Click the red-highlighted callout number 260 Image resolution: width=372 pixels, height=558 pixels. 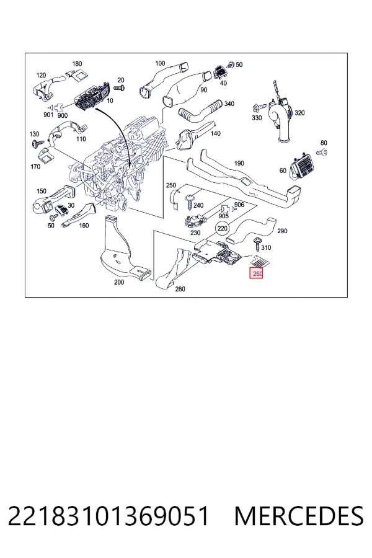click(256, 273)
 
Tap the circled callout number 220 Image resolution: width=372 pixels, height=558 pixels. click(222, 228)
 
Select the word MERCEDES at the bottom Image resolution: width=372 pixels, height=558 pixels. click(299, 516)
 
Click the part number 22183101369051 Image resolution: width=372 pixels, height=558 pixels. click(108, 516)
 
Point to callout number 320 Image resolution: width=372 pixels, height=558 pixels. click(299, 113)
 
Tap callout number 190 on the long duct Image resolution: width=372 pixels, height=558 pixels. click(239, 163)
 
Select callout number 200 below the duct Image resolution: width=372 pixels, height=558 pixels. click(119, 282)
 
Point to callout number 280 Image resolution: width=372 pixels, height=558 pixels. click(180, 289)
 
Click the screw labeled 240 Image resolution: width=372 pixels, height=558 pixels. click(188, 203)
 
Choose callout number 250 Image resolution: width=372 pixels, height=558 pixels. click(171, 185)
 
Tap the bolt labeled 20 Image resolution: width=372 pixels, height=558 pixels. click(119, 87)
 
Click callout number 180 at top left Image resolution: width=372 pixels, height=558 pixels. click(77, 64)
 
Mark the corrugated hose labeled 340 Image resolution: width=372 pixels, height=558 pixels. click(200, 111)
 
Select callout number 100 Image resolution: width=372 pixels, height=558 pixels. click(160, 63)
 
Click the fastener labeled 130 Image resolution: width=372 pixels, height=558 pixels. click(35, 143)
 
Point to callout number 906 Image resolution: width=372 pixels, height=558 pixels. click(239, 205)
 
